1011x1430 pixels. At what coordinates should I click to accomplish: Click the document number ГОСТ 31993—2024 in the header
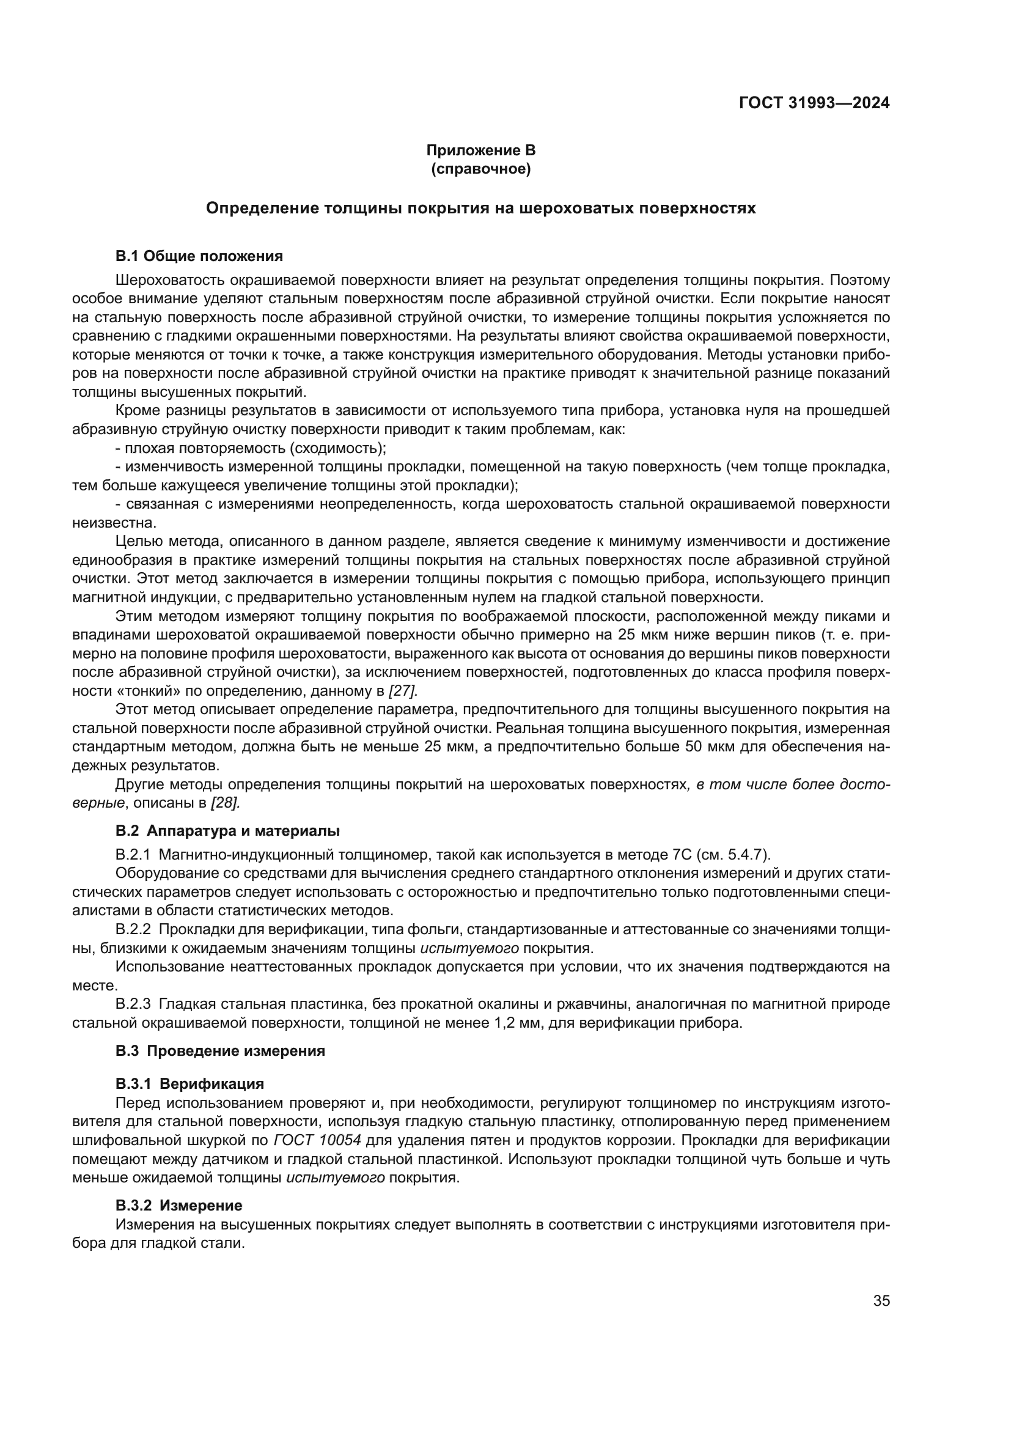pos(814,103)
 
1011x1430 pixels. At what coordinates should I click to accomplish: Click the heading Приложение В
pos(480,150)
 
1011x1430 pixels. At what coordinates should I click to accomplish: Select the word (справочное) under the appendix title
pos(480,169)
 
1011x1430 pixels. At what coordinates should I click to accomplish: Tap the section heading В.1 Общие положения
pos(199,256)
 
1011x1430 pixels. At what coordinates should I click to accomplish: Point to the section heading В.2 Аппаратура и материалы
pos(228,831)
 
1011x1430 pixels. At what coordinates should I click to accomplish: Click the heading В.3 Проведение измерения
pos(221,1051)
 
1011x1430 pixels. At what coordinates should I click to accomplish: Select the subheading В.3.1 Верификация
pos(190,1084)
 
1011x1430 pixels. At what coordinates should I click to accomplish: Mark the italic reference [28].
pos(226,803)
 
